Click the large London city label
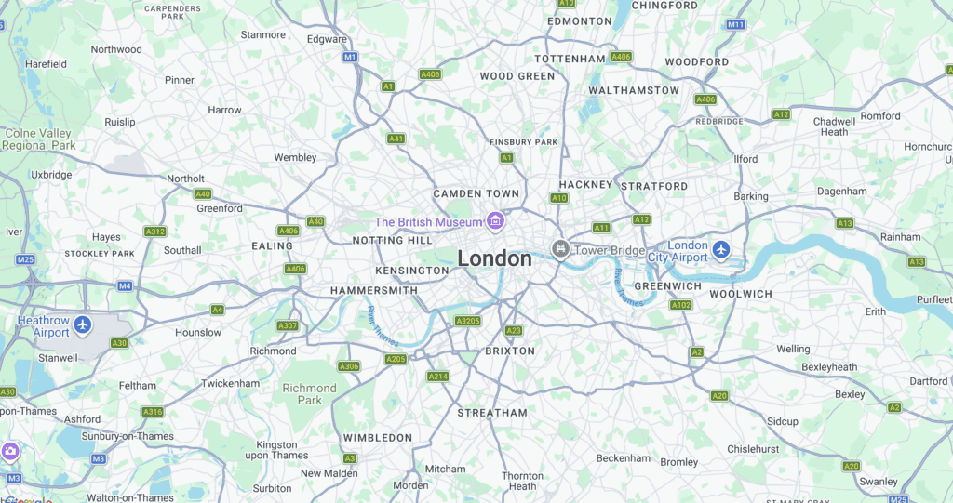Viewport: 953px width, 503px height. (494, 258)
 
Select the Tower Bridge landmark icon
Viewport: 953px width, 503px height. (560, 248)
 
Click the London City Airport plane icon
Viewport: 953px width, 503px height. (721, 249)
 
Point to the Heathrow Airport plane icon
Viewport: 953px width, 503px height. (84, 324)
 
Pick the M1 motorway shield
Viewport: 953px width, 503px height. (350, 57)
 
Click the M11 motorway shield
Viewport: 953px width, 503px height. (736, 24)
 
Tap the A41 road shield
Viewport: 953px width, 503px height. (396, 139)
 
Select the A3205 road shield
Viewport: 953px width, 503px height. (467, 321)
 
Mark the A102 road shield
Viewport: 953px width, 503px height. (681, 305)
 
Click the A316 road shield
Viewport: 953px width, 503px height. (153, 411)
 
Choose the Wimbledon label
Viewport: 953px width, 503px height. (377, 437)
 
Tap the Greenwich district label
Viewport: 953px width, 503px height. (667, 286)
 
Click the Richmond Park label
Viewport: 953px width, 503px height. (309, 394)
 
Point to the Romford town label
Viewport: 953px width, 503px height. (880, 116)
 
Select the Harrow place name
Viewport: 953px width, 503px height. (224, 110)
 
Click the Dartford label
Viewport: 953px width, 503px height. (928, 381)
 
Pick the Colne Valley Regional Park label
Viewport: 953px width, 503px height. (38, 139)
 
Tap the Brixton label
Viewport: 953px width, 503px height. (510, 351)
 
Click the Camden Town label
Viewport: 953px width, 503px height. (476, 193)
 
